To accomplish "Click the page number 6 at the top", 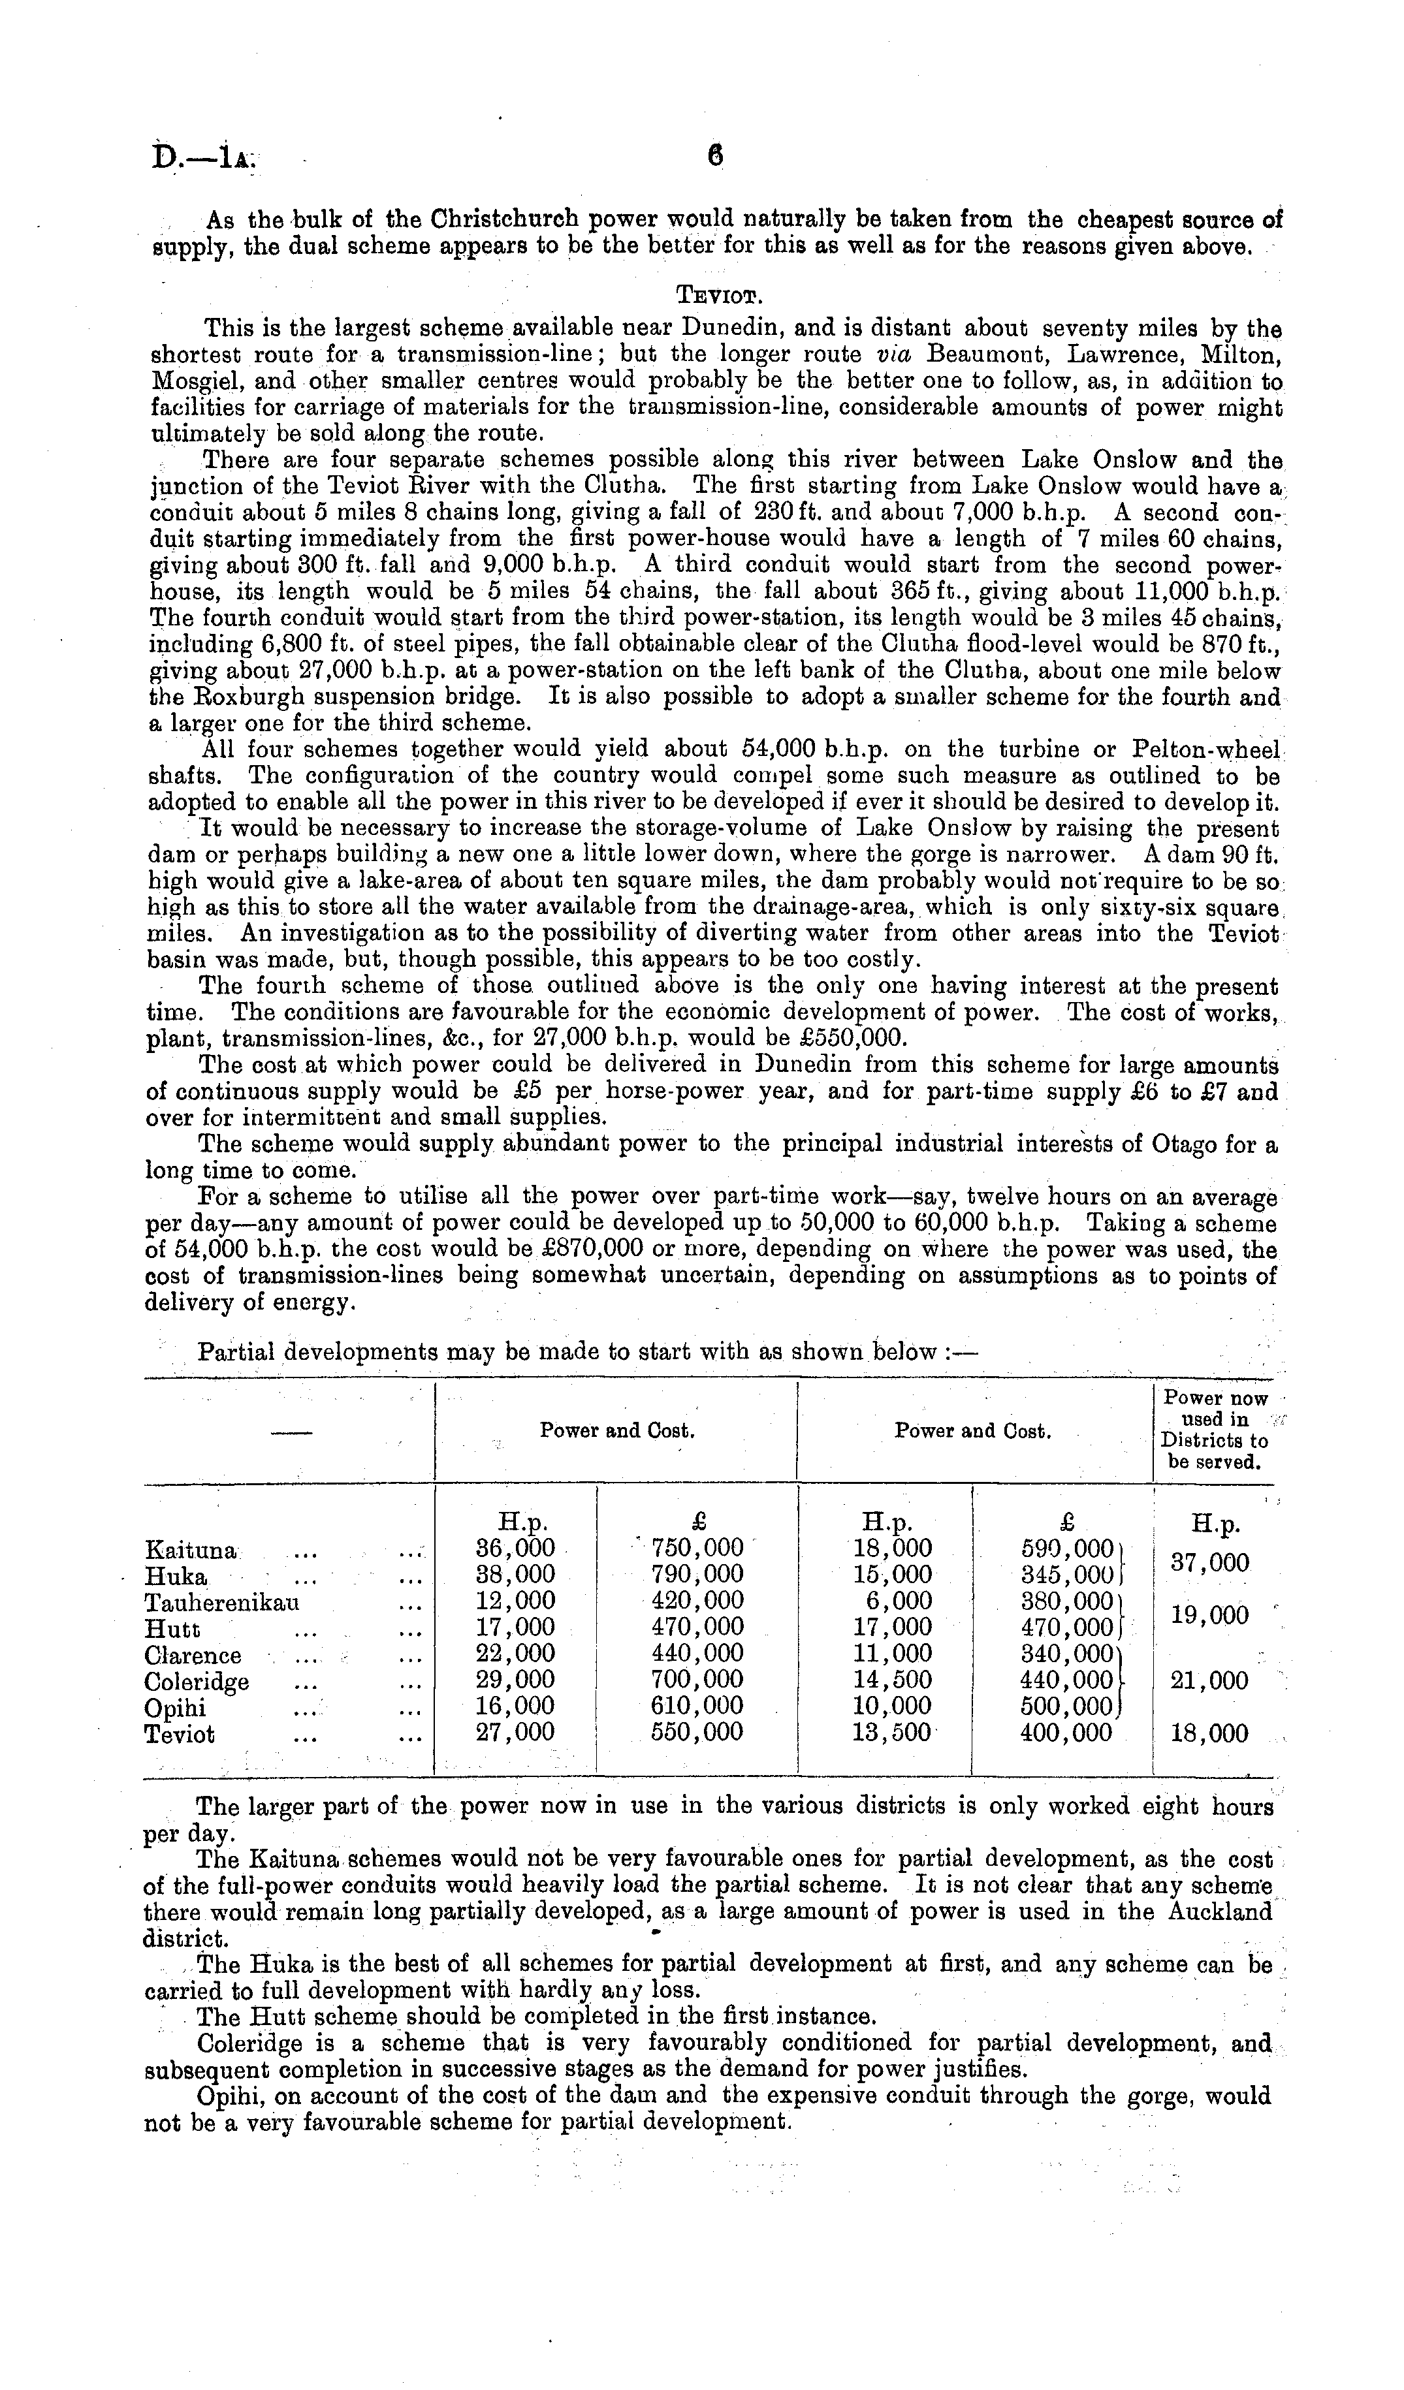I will click(714, 155).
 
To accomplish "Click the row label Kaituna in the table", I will click(190, 1550).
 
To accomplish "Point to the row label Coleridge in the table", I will click(197, 1682).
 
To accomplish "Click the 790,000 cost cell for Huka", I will click(697, 1575).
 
